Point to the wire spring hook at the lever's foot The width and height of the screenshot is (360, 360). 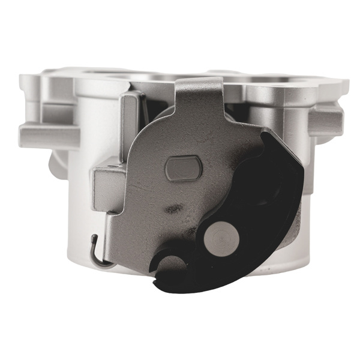pos(97,252)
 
